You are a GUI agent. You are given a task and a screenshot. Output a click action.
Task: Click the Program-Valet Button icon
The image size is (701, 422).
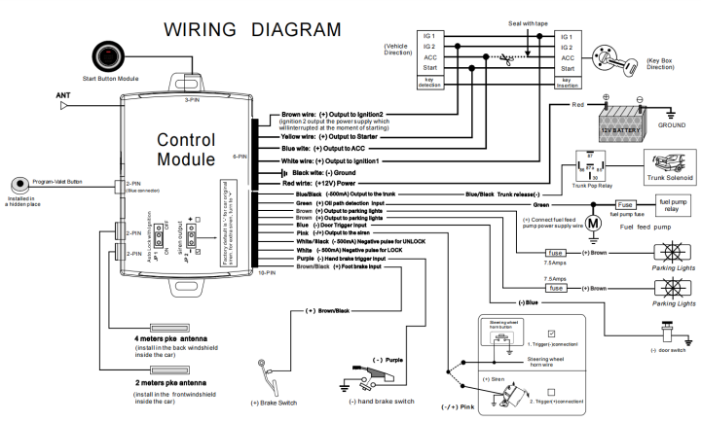pos(21,185)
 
